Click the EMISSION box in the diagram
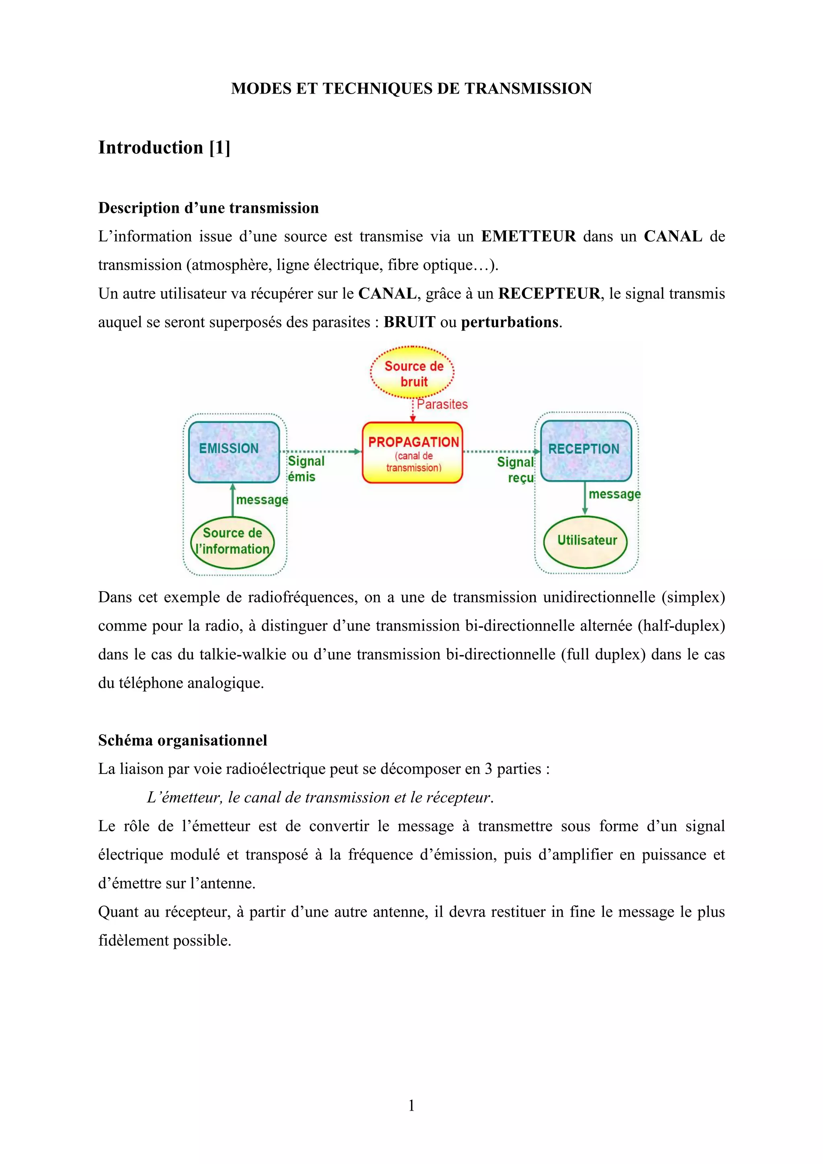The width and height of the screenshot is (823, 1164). coord(234,452)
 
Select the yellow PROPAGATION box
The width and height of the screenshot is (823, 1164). coord(412,452)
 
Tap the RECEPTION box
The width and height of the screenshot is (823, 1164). coord(586,451)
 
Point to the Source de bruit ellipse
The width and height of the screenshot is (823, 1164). coord(413,373)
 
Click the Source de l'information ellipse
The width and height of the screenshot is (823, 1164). coord(233,542)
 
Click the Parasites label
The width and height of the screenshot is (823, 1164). coord(442,404)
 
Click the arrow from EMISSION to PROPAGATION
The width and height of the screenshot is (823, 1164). coord(320,451)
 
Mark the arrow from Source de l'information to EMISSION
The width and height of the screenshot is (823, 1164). coord(233,500)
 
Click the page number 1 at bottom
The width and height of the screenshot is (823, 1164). coord(411,1105)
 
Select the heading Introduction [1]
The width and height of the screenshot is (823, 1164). coord(164,147)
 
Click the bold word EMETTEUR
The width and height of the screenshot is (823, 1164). coord(528,236)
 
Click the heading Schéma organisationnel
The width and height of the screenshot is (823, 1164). coord(182,740)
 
